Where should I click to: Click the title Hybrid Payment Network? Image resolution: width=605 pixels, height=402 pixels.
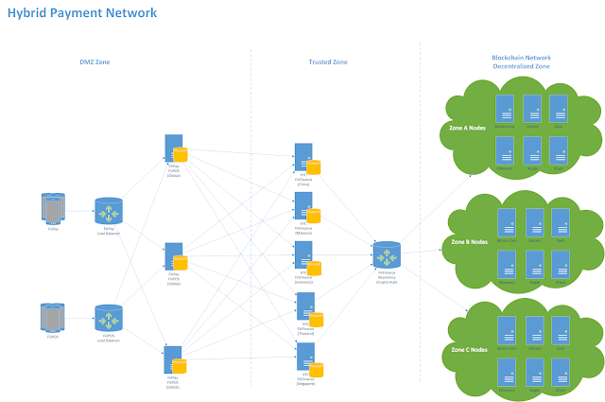pyautogui.click(x=82, y=13)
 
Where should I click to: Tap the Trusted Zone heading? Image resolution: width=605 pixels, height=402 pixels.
pyautogui.click(x=328, y=62)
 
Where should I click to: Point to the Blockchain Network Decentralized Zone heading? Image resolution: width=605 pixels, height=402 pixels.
pyautogui.click(x=520, y=62)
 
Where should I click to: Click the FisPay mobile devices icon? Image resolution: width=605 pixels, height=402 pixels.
pyautogui.click(x=54, y=209)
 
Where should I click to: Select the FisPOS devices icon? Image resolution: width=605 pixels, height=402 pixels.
pyautogui.click(x=54, y=317)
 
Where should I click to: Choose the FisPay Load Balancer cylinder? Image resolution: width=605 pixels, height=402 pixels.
pyautogui.click(x=109, y=211)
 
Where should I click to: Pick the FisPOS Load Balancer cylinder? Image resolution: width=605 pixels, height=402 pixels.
pyautogui.click(x=109, y=318)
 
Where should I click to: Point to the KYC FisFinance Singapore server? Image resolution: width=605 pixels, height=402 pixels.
pyautogui.click(x=305, y=358)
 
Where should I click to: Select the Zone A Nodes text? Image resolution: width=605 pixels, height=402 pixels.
pyautogui.click(x=468, y=128)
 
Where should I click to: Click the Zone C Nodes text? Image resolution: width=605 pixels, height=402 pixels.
pyautogui.click(x=469, y=350)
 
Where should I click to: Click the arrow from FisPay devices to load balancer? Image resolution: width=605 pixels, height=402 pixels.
pyautogui.click(x=80, y=210)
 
